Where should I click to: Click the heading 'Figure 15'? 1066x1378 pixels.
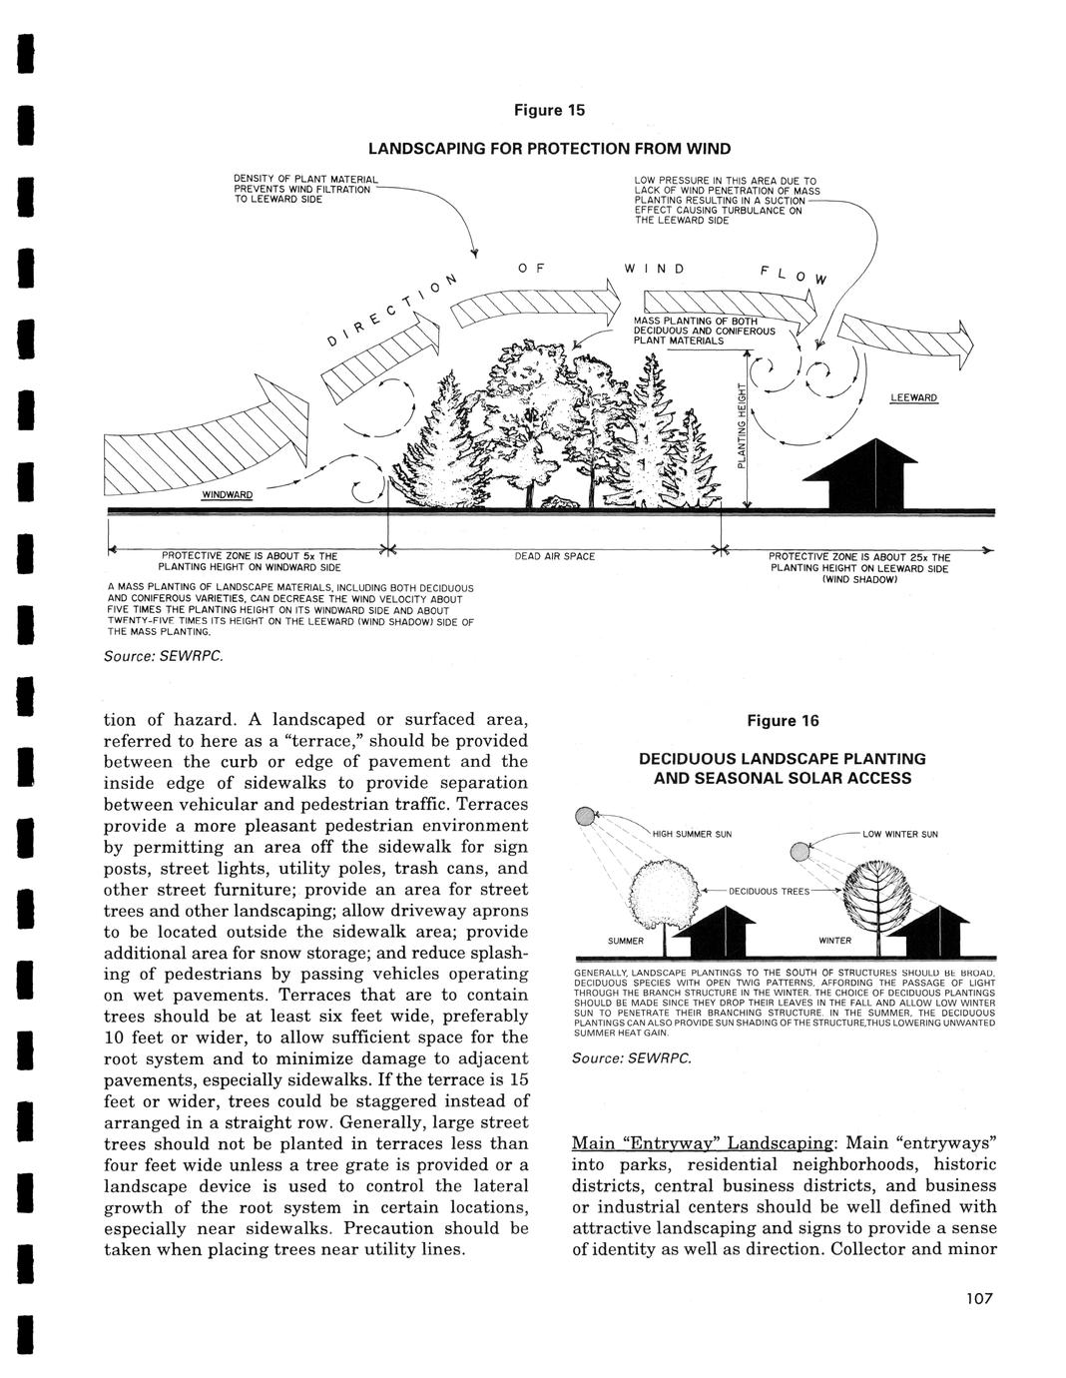click(549, 110)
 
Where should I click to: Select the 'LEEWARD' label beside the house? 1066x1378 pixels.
click(912, 397)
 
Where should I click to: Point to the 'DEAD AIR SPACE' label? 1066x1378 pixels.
click(555, 555)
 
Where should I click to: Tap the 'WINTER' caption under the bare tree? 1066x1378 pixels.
click(835, 941)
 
